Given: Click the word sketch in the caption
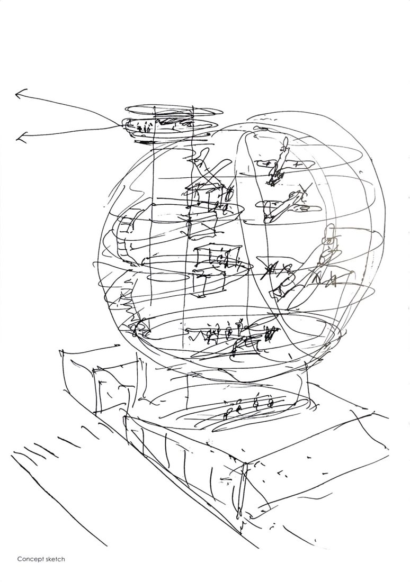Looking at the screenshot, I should coord(55,559).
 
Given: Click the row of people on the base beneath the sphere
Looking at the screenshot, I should coord(249,405).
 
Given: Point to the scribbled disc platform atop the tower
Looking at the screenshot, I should coord(154,128).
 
